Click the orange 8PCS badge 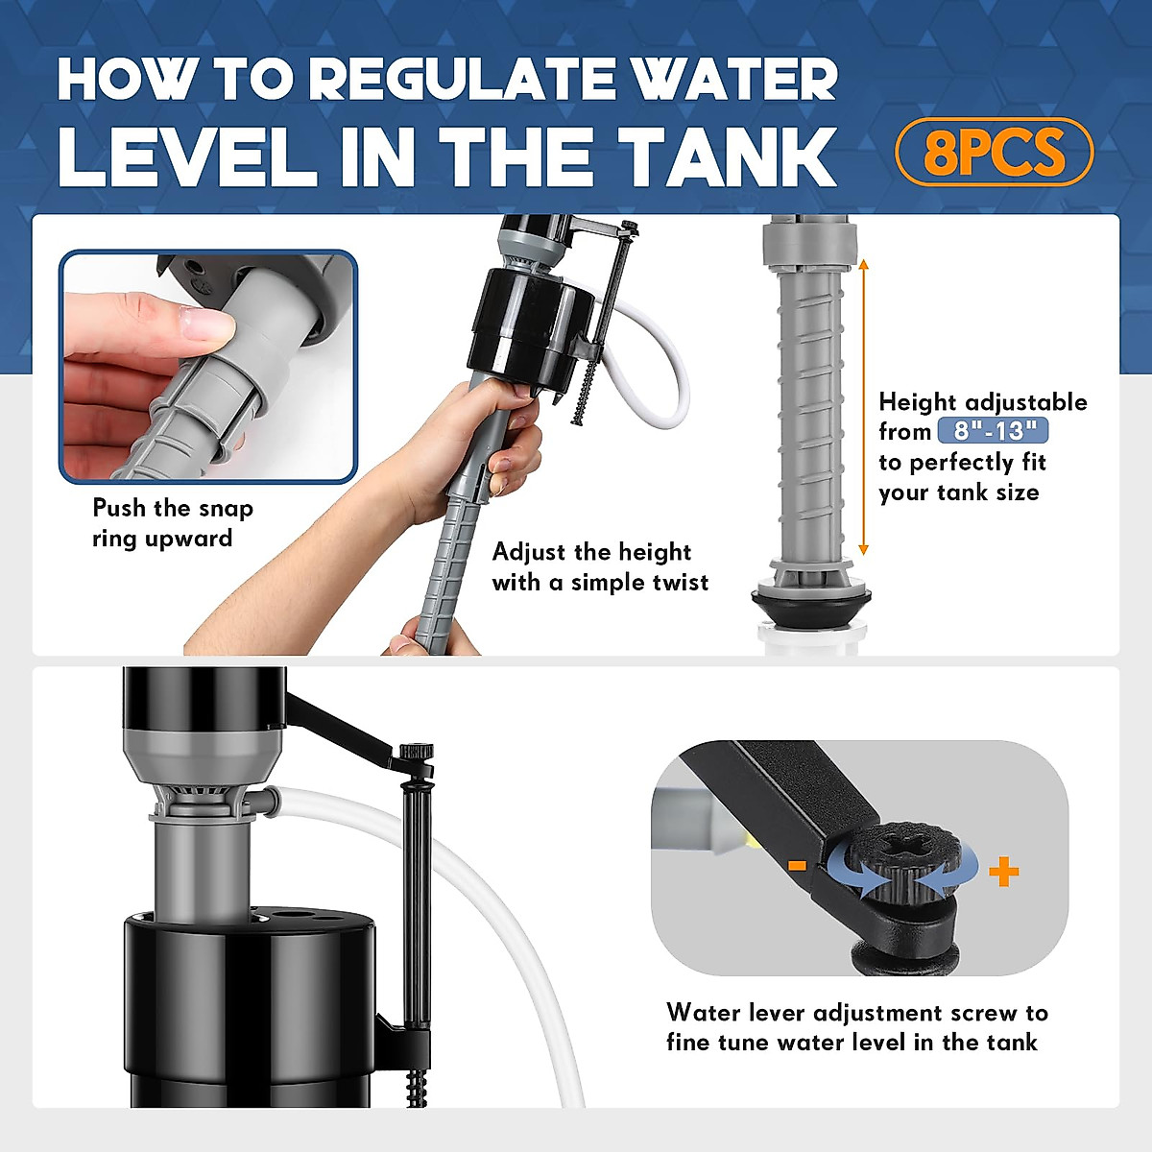pyautogui.click(x=995, y=152)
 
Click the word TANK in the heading pyautogui.click(x=727, y=156)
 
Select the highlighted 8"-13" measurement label pyautogui.click(x=993, y=430)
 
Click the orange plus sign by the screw pyautogui.click(x=1004, y=871)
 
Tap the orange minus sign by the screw pyautogui.click(x=798, y=865)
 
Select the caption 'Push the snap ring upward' pyautogui.click(x=173, y=523)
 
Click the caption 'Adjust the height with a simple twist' pyautogui.click(x=600, y=566)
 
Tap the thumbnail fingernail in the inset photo pyautogui.click(x=206, y=324)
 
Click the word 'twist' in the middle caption pyautogui.click(x=679, y=583)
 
